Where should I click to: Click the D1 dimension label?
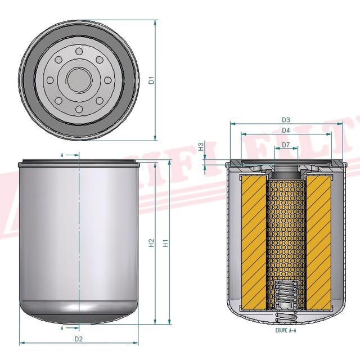tap(151, 80)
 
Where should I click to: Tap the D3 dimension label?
tap(286, 120)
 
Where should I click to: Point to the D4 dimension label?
tap(286, 130)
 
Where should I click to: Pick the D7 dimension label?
tap(286, 145)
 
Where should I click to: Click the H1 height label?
tap(165, 244)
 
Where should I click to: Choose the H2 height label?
tap(151, 244)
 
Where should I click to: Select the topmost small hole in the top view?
tap(79, 52)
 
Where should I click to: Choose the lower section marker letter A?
tap(62, 327)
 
